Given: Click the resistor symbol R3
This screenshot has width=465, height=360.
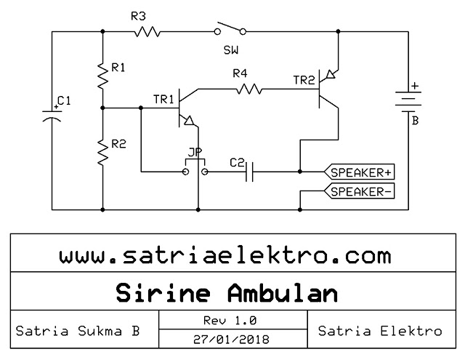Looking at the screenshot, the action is click(146, 32).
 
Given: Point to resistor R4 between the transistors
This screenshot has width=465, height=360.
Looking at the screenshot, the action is click(247, 89).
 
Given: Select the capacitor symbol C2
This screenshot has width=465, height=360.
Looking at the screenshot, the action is click(248, 172).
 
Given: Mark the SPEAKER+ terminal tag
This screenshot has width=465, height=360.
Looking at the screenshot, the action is click(360, 172).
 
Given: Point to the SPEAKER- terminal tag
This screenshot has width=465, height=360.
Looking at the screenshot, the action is click(360, 192).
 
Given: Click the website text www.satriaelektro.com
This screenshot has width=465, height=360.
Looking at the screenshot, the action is click(225, 256).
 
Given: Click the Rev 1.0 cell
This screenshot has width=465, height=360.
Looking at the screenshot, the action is click(232, 320).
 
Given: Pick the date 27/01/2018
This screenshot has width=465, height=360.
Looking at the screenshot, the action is click(232, 340).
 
